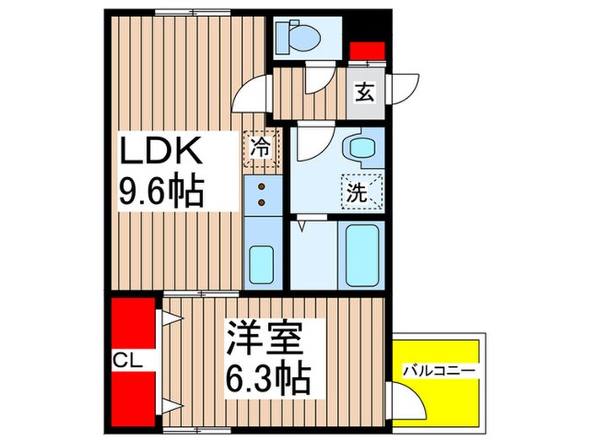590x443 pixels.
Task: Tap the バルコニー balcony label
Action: (x=438, y=370)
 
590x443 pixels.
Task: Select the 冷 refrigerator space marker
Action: (x=262, y=148)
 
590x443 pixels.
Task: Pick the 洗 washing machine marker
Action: (x=360, y=191)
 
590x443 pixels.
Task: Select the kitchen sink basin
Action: (x=263, y=265)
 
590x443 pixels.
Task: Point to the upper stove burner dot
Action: (x=262, y=186)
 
